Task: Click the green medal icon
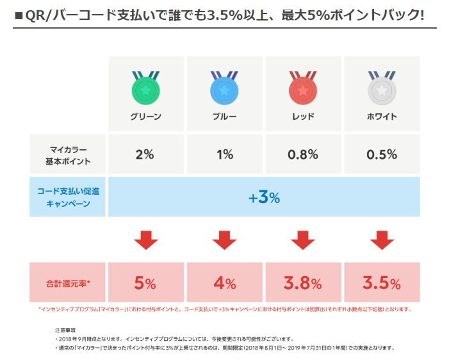click(146, 90)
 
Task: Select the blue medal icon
click(224, 90)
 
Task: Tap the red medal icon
click(303, 90)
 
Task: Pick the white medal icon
click(382, 90)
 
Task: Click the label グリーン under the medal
click(146, 117)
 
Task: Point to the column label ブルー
click(224, 117)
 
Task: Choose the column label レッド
click(303, 117)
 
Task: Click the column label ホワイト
click(382, 117)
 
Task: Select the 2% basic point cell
click(145, 154)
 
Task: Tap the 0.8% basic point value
click(303, 154)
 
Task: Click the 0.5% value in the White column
click(382, 154)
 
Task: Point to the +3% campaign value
click(264, 197)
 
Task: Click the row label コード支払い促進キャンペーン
click(68, 197)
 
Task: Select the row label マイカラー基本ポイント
click(68, 154)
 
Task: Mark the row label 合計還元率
click(68, 282)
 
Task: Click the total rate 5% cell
click(145, 282)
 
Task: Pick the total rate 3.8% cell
click(303, 282)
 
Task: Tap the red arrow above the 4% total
click(224, 240)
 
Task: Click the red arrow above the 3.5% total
click(382, 240)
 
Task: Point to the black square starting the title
click(19, 13)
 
